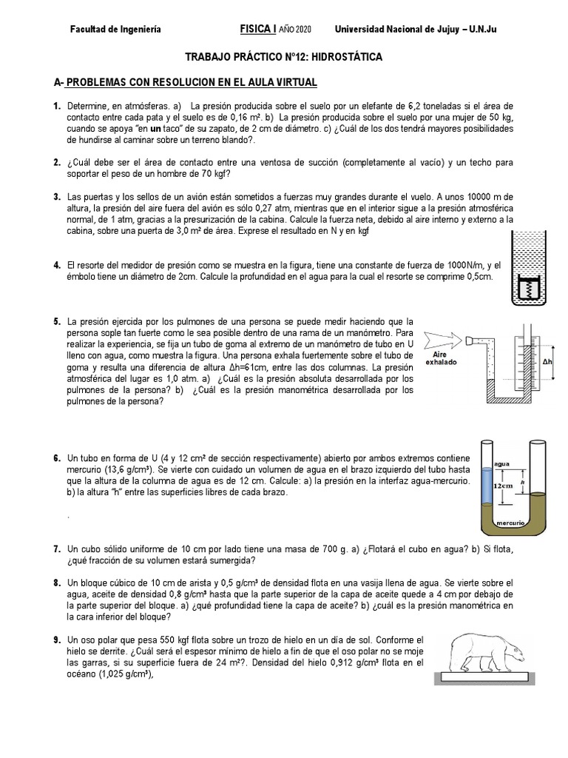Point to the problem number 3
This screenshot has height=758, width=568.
(56, 196)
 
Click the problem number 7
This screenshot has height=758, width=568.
(56, 549)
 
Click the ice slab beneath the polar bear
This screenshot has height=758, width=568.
(493, 677)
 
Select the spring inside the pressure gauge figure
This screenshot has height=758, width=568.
(528, 289)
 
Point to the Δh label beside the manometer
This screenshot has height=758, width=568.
(547, 362)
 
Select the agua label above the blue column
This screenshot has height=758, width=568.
(481, 459)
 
